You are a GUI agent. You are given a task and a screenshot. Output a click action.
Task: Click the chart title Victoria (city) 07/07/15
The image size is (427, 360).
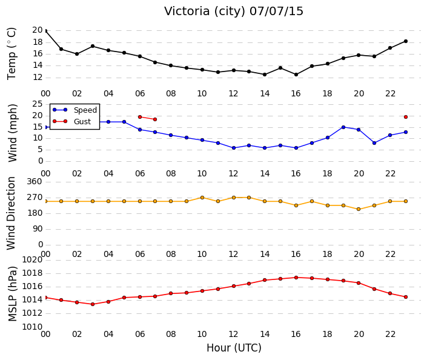(233, 12)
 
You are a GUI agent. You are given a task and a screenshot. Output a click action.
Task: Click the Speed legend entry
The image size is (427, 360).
(75, 110)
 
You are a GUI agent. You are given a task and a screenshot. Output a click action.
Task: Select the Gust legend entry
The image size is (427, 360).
(71, 121)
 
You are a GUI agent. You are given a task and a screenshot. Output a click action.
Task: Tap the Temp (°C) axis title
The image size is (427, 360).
(12, 54)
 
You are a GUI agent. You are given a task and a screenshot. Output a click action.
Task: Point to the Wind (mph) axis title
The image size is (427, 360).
(12, 133)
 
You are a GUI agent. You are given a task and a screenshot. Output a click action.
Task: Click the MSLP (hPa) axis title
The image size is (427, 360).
(12, 294)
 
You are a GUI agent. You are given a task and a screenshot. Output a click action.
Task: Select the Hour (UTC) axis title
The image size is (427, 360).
(234, 348)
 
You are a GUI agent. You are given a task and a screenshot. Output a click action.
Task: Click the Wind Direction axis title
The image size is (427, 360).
(11, 213)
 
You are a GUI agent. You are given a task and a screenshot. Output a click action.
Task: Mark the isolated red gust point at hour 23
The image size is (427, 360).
(405, 117)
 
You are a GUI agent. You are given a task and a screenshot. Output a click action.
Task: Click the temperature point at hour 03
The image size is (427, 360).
(93, 46)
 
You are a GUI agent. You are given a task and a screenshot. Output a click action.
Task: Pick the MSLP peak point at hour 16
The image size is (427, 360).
(296, 278)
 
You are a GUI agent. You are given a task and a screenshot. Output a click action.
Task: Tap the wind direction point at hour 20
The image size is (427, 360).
(359, 209)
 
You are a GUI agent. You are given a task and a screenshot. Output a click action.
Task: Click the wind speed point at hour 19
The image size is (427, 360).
(343, 127)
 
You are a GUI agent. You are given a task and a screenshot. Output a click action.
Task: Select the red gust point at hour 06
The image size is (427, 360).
(140, 117)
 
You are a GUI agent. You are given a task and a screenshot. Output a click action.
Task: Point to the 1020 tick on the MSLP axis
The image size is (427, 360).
(32, 260)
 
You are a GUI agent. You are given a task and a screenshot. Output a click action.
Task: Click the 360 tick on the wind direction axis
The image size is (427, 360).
(35, 181)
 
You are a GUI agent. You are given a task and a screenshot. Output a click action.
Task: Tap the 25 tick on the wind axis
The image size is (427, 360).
(38, 104)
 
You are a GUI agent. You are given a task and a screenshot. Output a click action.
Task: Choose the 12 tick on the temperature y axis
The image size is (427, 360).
(38, 78)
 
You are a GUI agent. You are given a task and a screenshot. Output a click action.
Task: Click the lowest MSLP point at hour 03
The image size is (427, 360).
(93, 304)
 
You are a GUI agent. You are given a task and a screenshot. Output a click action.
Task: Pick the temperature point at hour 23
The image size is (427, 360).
(405, 41)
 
